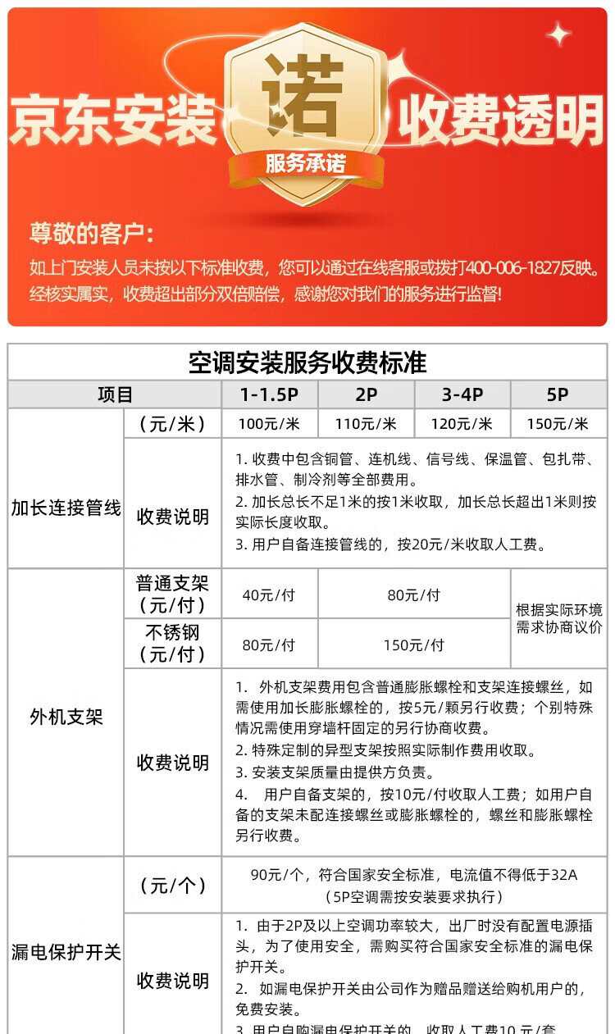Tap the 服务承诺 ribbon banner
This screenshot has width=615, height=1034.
305,163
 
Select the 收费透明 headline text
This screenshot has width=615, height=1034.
500,121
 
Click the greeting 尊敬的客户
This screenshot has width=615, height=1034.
91,234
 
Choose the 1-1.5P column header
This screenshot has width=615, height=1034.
269,394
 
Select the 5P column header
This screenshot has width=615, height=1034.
558,394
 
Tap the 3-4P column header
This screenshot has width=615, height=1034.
462,394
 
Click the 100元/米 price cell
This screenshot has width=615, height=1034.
269,424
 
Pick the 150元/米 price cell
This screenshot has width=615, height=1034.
558,424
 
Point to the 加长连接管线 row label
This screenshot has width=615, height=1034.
66,508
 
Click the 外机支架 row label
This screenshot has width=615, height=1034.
66,717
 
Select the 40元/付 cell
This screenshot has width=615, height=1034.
269,595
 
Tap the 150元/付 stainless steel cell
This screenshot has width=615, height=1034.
413,645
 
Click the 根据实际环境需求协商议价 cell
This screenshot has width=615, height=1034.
558,618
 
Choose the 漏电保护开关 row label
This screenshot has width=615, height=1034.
66,953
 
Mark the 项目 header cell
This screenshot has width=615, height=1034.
115,394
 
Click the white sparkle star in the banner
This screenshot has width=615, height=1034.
559,34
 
